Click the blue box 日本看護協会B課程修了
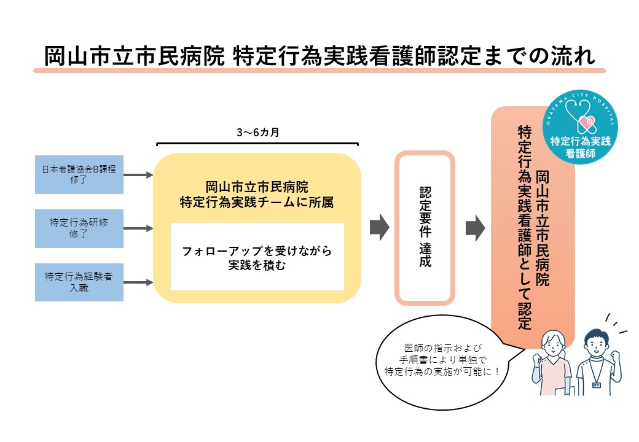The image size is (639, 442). coord(79,175)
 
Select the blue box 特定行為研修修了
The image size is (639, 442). coord(79,228)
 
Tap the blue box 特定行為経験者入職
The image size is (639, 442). coord(79,282)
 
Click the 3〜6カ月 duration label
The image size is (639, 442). coord(257,132)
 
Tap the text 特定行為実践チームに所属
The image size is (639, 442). coord(257,201)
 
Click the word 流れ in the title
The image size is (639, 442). coord(574,56)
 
